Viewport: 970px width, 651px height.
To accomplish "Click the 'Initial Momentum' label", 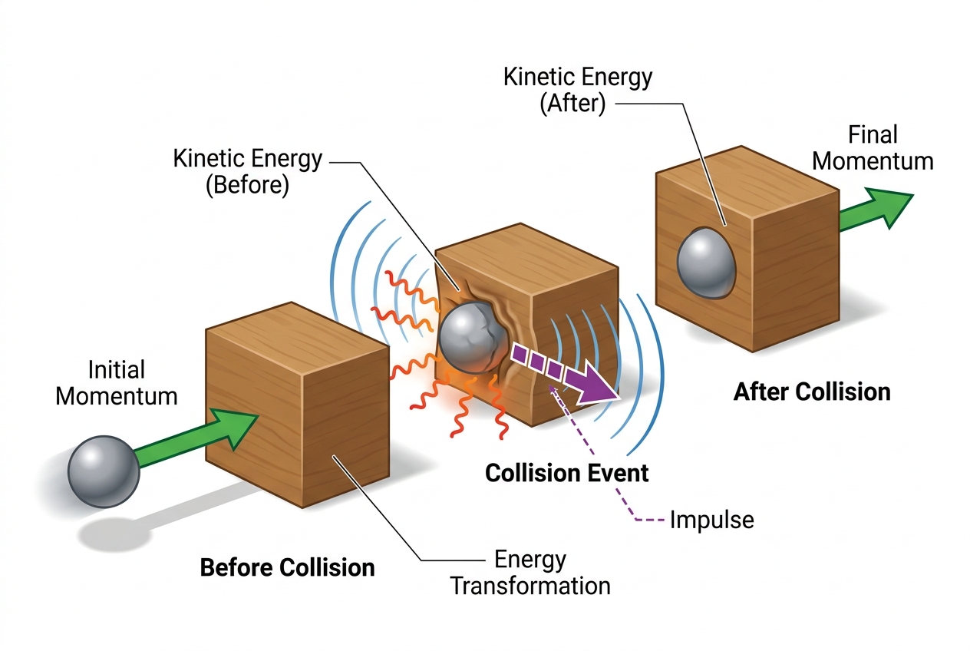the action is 117,383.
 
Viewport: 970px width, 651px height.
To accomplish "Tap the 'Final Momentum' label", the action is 873,147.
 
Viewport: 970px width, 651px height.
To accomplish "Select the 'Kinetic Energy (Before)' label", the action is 248,171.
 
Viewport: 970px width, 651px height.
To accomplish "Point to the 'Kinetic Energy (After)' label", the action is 577,90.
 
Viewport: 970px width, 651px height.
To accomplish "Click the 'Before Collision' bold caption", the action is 287,567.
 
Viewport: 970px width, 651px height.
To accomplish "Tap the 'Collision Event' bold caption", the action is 566,473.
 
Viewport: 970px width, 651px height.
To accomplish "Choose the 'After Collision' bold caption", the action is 812,392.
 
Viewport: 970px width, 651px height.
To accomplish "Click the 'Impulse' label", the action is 712,519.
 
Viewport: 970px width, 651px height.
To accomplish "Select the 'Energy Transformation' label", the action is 530,573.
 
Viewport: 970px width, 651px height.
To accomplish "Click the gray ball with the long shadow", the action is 104,471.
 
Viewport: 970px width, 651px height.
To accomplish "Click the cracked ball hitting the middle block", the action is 473,338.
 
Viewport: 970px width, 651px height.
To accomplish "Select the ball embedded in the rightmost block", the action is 706,263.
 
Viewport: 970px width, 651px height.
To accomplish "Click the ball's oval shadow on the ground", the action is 115,534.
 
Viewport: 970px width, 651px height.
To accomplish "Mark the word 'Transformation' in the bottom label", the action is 530,586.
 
